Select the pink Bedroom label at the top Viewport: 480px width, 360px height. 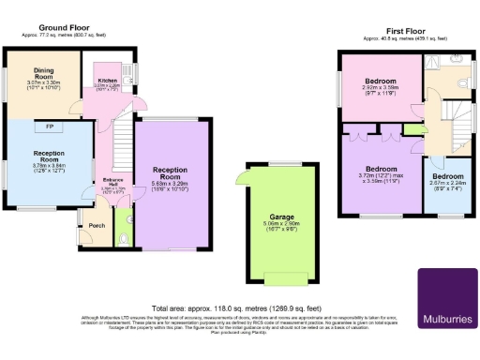tap(381, 82)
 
